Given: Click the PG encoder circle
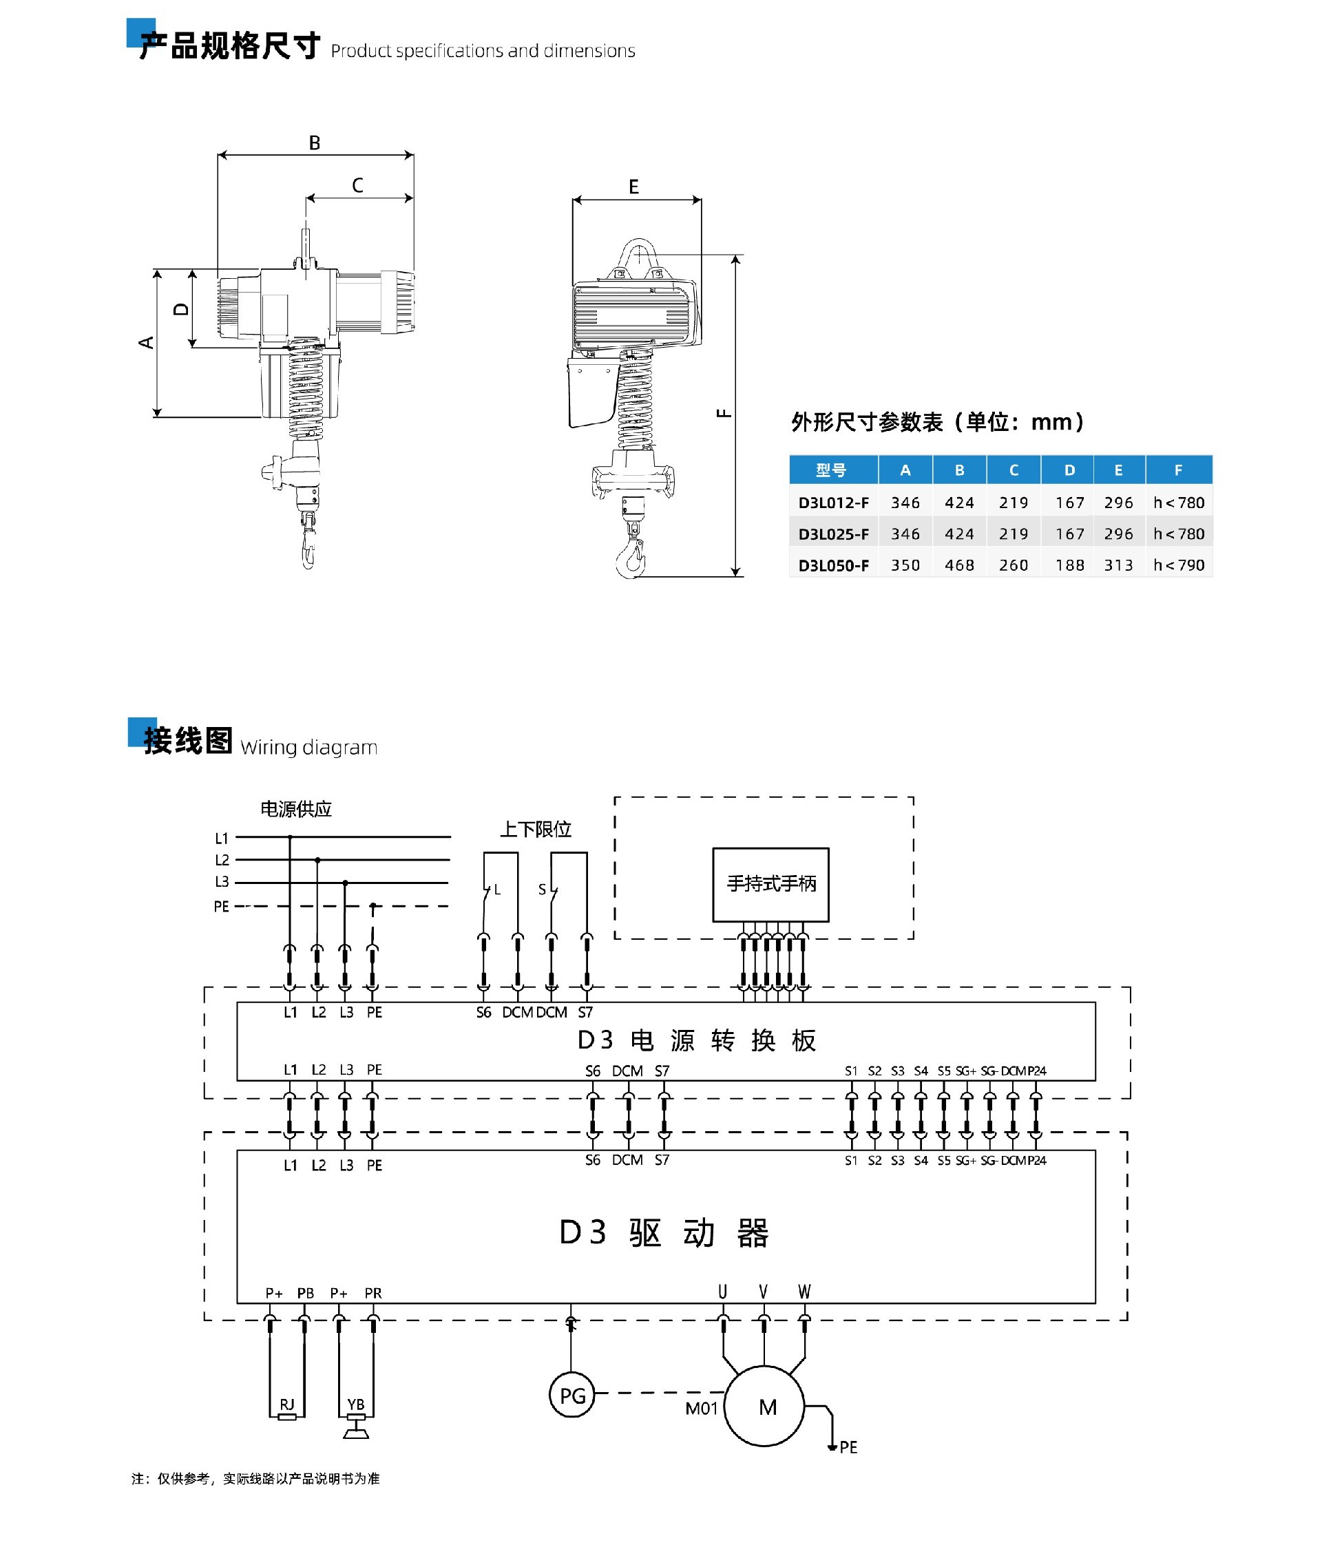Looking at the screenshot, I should pyautogui.click(x=571, y=1396).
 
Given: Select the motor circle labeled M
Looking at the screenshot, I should pyautogui.click(x=764, y=1407).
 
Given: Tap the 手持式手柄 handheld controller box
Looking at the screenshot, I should pyautogui.click(x=770, y=884).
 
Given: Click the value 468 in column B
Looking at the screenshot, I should pyautogui.click(x=959, y=565).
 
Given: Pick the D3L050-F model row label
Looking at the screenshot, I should pyautogui.click(x=833, y=565).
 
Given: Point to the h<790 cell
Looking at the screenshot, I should pyautogui.click(x=1179, y=565).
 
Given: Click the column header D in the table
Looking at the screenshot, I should pyautogui.click(x=1069, y=470).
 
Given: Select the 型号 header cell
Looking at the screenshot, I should pyautogui.click(x=832, y=470).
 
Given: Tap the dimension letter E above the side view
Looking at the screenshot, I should pyautogui.click(x=634, y=187).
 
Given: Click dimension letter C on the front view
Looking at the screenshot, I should pyautogui.click(x=357, y=185).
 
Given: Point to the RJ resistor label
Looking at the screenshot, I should pyautogui.click(x=287, y=1404).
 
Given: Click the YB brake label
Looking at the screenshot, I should pyautogui.click(x=356, y=1404).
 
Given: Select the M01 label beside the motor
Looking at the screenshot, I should pyautogui.click(x=702, y=1409).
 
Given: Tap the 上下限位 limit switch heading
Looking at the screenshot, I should pyautogui.click(x=535, y=829).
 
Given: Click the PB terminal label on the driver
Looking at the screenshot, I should pyautogui.click(x=306, y=1294).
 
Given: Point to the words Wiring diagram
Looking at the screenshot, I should pyautogui.click(x=308, y=747).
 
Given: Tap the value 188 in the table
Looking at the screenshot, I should pyautogui.click(x=1069, y=565).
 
